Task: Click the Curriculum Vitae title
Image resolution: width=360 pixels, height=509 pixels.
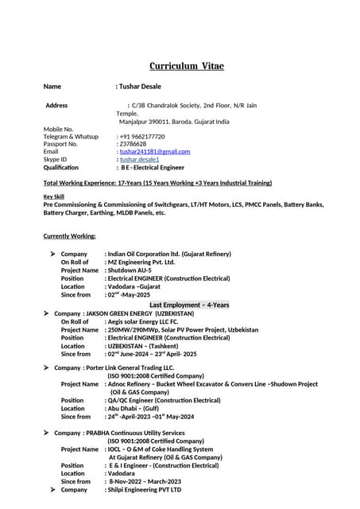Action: [186, 65]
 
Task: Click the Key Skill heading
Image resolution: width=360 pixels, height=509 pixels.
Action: [53, 196]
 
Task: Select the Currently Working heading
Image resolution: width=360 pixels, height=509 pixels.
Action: [69, 235]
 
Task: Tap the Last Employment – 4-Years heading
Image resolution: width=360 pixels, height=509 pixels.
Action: [189, 305]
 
